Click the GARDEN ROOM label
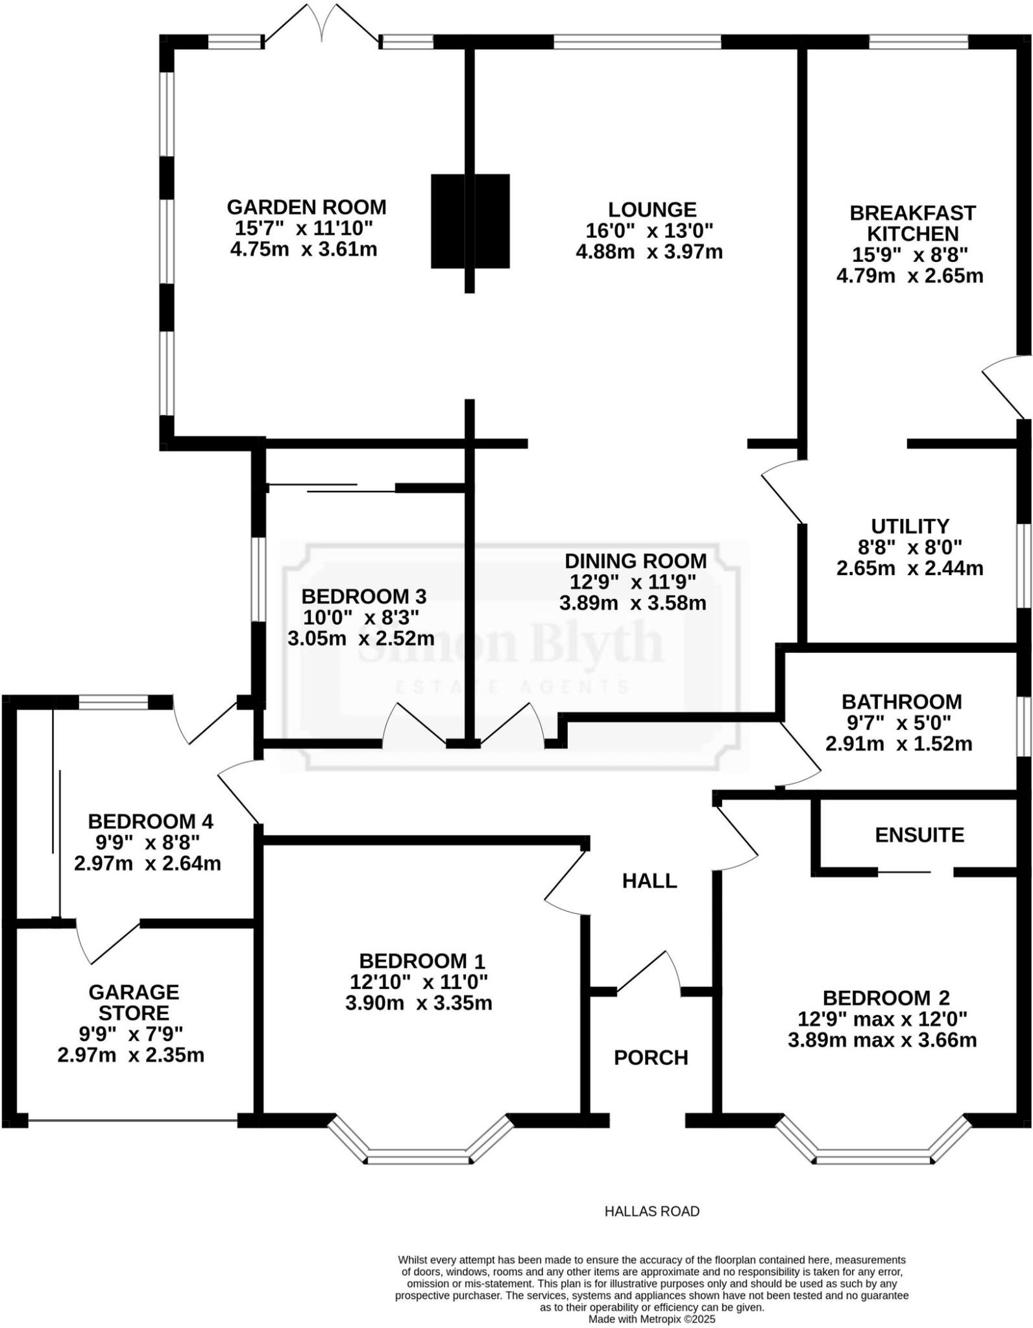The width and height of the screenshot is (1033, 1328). [306, 207]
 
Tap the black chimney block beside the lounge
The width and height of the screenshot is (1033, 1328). [470, 220]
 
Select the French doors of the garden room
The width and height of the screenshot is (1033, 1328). [321, 26]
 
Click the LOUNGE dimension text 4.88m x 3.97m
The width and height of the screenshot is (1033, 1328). [650, 252]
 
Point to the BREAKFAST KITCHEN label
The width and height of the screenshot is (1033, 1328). [912, 223]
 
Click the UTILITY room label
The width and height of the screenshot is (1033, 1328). [910, 526]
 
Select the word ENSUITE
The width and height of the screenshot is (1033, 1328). [919, 835]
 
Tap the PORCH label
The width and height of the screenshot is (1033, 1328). [651, 1058]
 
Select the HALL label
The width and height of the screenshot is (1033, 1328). [650, 881]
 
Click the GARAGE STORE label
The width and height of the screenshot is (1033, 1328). [134, 1002]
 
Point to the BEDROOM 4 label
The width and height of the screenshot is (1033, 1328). [151, 822]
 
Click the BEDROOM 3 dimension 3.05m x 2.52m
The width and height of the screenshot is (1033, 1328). [361, 638]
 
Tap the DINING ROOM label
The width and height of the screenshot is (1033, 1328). [635, 560]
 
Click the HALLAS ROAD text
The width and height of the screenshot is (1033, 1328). [651, 1211]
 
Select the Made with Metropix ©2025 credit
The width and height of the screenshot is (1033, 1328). [651, 1319]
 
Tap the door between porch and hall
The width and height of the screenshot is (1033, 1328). [649, 973]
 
